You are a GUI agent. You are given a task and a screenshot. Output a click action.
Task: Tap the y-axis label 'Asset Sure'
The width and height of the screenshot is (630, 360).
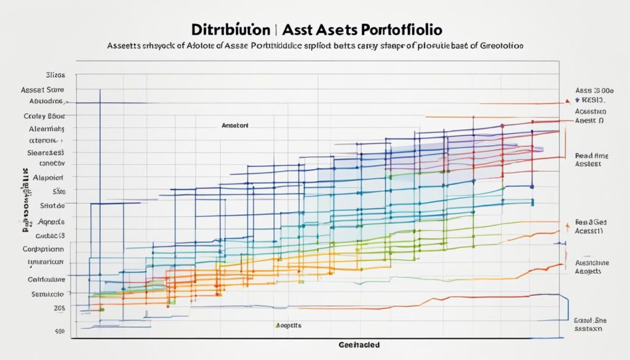click(x=48, y=89)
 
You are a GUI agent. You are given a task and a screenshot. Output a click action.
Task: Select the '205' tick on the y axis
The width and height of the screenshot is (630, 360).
click(x=58, y=307)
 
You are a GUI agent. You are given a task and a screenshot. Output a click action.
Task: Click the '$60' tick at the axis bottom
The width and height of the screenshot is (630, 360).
click(x=59, y=331)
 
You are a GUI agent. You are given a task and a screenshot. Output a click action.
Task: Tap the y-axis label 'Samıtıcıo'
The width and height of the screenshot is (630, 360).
click(x=48, y=294)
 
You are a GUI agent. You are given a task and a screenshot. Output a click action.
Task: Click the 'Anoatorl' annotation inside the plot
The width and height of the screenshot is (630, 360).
click(x=235, y=124)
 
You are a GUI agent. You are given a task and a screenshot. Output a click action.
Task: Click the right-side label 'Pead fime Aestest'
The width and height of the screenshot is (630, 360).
click(x=591, y=160)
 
